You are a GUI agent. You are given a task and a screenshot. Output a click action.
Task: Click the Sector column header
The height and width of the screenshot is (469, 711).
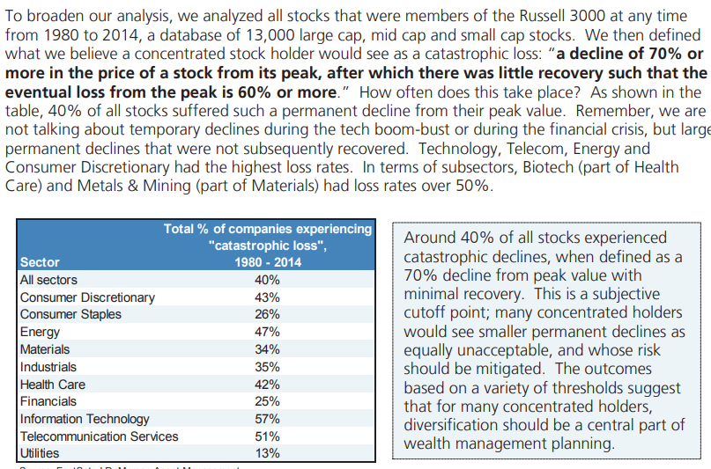point(40,262)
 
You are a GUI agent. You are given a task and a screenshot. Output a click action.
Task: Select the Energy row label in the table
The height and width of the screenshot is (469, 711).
point(41,332)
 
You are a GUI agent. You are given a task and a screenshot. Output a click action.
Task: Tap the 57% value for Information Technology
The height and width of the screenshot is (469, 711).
point(267,419)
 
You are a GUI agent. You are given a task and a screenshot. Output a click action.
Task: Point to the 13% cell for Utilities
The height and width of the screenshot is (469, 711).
point(267,453)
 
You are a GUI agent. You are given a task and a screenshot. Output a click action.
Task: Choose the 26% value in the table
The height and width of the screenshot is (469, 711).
point(267,314)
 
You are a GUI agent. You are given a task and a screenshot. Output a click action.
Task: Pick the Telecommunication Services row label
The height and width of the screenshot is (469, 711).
point(99,436)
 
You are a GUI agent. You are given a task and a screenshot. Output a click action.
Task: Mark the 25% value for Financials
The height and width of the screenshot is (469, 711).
point(267,401)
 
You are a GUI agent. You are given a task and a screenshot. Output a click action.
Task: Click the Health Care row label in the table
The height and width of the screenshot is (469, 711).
point(53,384)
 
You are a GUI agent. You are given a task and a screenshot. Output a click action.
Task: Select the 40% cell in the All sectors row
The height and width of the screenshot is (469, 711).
point(267,280)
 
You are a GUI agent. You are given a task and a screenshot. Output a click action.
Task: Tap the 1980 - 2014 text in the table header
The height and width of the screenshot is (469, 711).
point(268,262)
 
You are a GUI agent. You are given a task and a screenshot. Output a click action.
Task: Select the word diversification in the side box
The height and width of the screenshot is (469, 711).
point(455,425)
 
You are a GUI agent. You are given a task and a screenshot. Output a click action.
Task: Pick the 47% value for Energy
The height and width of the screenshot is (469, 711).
point(267,332)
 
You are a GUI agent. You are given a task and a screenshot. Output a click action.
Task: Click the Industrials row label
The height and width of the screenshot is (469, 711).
point(48,367)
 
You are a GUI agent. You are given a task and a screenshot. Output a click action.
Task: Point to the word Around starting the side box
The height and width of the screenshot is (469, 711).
point(432,238)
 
